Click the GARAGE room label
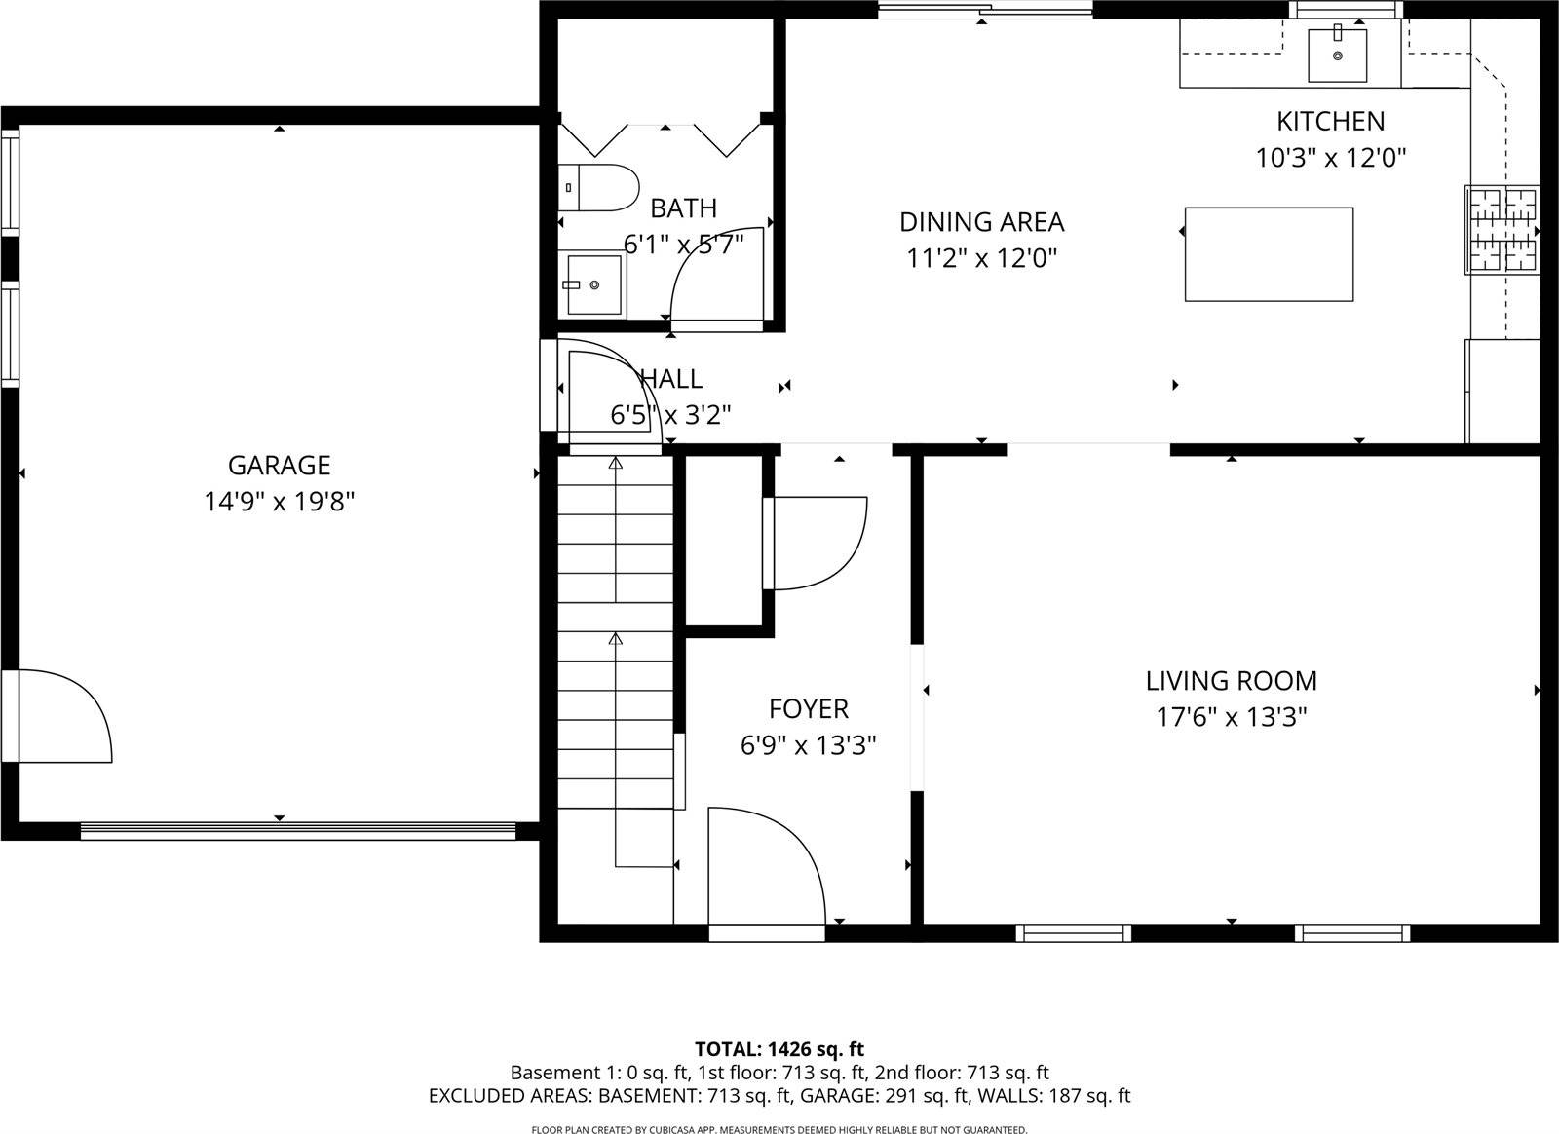(279, 465)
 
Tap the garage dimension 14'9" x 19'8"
(279, 502)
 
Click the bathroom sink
(593, 284)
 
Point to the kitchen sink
(1337, 55)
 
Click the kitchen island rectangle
(1269, 254)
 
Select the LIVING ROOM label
(1231, 680)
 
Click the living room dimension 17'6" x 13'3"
(1231, 718)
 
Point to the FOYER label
(808, 708)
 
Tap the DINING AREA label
(981, 222)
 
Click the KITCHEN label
(1330, 121)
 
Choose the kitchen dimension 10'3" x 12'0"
(1330, 158)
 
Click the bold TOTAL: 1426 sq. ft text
(779, 1049)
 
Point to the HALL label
(670, 378)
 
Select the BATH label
(683, 208)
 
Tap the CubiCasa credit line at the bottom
(779, 1129)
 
